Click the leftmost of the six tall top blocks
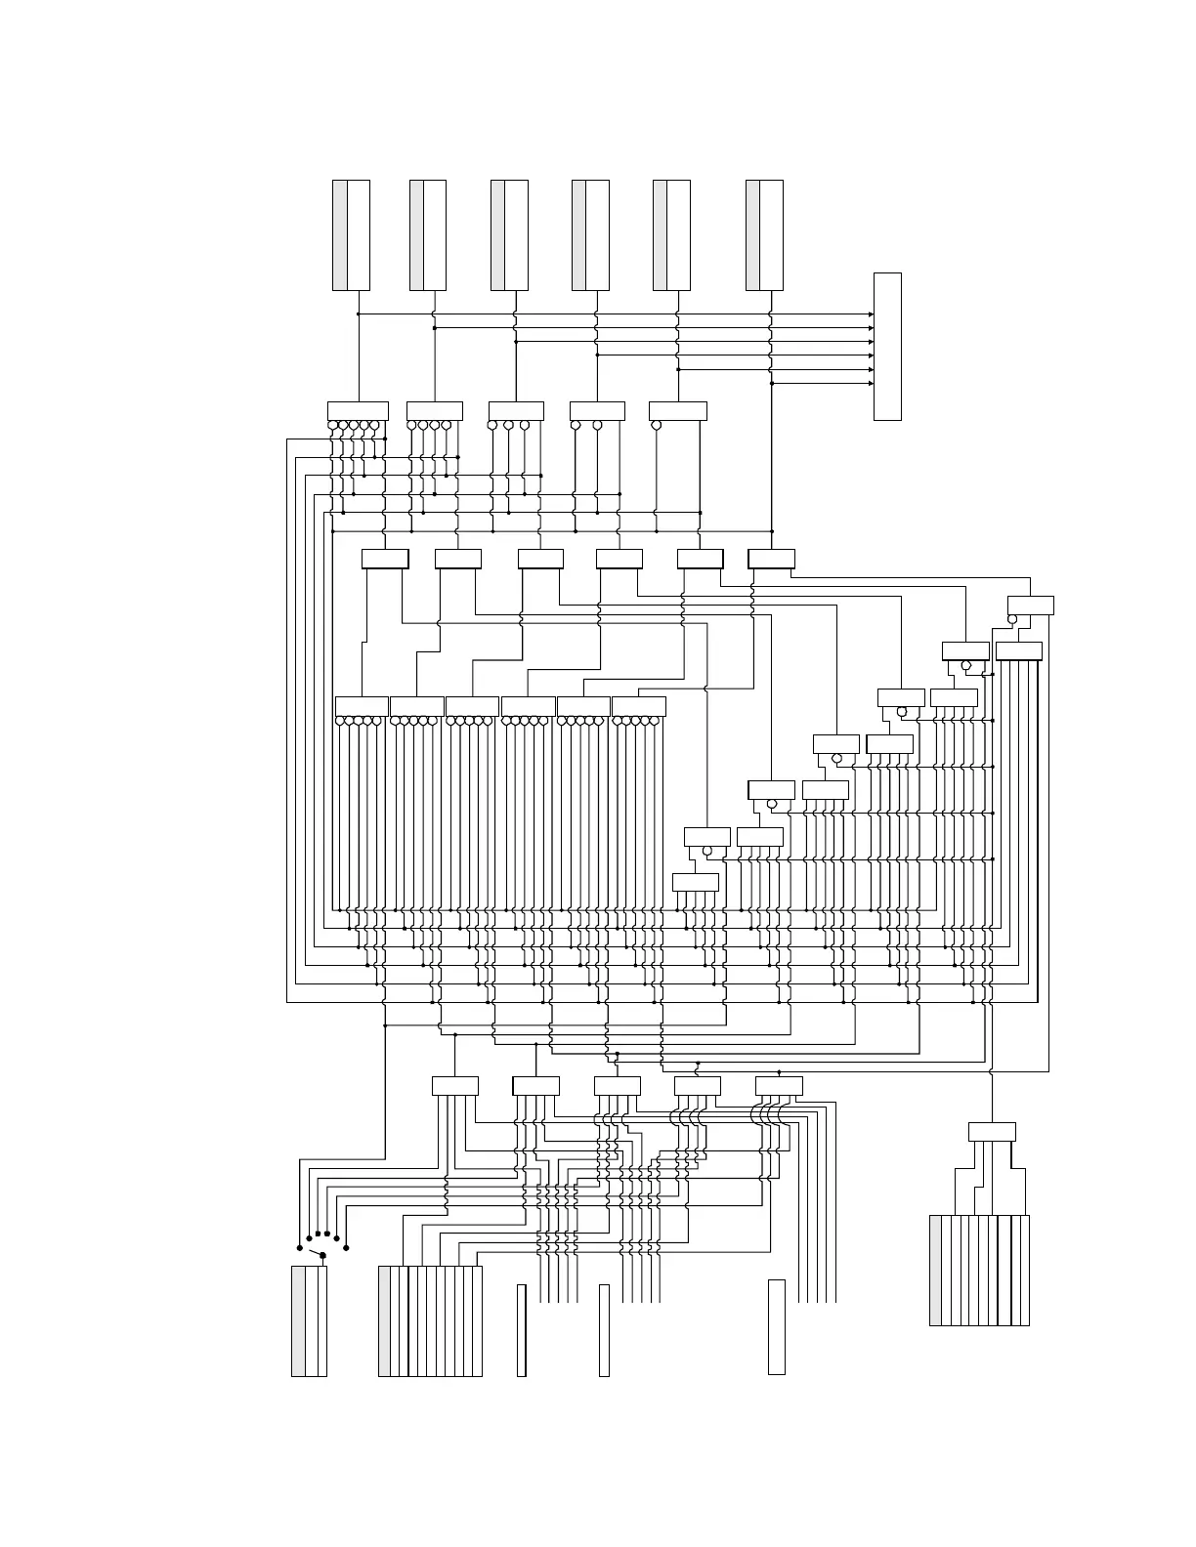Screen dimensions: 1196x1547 (351, 235)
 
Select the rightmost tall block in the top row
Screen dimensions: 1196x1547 (764, 235)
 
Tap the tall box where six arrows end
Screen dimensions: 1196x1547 (887, 347)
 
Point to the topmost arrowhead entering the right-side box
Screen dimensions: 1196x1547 (871, 314)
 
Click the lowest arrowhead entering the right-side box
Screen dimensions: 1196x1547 (871, 384)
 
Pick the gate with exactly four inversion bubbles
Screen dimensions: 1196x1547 (435, 411)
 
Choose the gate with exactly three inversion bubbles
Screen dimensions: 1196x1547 (516, 411)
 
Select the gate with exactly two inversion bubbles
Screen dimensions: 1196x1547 (597, 411)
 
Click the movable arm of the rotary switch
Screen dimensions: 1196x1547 (316, 1253)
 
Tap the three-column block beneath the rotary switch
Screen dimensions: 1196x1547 (309, 1321)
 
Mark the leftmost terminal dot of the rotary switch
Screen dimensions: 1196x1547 (299, 1248)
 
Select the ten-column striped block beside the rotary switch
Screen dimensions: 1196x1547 (430, 1321)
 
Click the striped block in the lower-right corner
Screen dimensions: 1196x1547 (979, 1271)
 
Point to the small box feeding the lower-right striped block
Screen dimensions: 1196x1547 (992, 1132)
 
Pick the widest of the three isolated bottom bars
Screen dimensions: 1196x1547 (777, 1327)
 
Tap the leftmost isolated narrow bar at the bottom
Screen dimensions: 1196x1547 (522, 1331)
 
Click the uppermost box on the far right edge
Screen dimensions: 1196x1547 (1031, 605)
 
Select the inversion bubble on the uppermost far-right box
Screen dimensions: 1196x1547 (1012, 619)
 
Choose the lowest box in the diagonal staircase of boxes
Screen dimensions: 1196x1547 (696, 882)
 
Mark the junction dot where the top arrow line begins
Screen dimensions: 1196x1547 (359, 314)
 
